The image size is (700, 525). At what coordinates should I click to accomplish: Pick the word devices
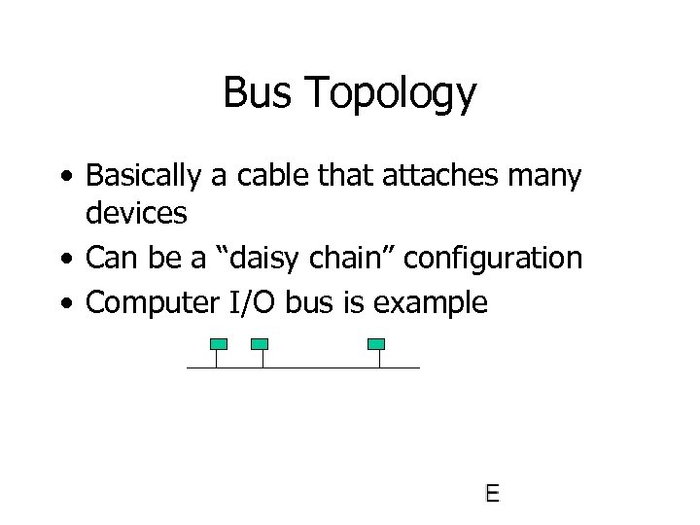pyautogui.click(x=136, y=213)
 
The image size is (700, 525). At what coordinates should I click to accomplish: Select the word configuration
pyautogui.click(x=493, y=260)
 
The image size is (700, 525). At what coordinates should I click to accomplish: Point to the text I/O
pyautogui.click(x=253, y=302)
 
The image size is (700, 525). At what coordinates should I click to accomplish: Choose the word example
pyautogui.click(x=431, y=304)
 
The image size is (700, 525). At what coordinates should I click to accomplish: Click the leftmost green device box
pyautogui.click(x=219, y=343)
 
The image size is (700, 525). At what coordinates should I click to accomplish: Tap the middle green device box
pyautogui.click(x=260, y=343)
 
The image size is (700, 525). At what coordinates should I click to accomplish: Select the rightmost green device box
pyautogui.click(x=377, y=343)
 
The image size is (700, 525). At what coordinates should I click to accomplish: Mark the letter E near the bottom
pyautogui.click(x=493, y=494)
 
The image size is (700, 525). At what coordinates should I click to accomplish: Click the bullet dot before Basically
pyautogui.click(x=65, y=178)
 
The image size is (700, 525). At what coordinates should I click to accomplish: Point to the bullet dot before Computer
pyautogui.click(x=65, y=304)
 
